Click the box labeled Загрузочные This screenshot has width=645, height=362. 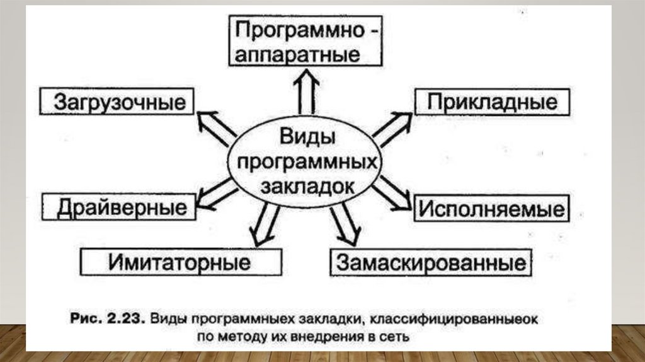tap(117, 102)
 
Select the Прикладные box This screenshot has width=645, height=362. tap(492, 102)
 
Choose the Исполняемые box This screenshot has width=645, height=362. tap(491, 208)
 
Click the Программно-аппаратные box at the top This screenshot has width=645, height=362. tap(305, 41)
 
